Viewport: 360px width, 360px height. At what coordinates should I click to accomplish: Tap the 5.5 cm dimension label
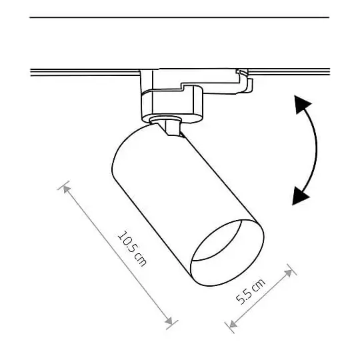tap(251, 292)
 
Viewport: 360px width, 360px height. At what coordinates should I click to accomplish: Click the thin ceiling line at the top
tap(180, 18)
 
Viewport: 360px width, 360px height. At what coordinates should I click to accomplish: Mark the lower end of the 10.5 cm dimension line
tap(172, 325)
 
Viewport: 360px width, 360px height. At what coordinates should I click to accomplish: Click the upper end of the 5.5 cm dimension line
tap(290, 270)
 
